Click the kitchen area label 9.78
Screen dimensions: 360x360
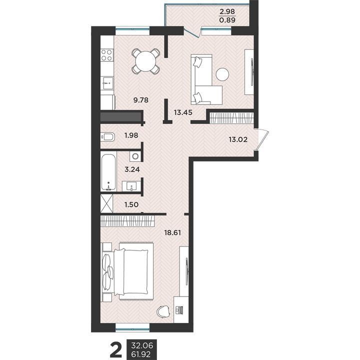click(141, 100)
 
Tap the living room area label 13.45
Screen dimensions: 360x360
click(183, 112)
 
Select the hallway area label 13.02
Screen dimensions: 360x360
click(238, 139)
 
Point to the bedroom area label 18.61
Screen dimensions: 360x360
click(172, 233)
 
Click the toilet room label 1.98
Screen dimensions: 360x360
click(131, 135)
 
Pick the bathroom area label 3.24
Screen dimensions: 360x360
click(132, 169)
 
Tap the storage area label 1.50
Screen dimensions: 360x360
click(131, 204)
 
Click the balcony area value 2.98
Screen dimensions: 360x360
click(227, 11)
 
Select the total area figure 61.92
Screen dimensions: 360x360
click(141, 354)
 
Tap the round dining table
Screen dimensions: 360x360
click(146, 61)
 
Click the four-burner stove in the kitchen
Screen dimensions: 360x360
click(107, 55)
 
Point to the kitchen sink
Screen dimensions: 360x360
click(107, 83)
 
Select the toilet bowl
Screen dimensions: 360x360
click(107, 137)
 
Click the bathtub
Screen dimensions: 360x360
click(108, 172)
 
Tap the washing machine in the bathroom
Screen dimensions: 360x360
click(135, 156)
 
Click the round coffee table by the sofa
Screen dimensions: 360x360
click(222, 74)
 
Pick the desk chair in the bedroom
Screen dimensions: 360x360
click(163, 312)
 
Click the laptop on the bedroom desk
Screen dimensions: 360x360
click(179, 310)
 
